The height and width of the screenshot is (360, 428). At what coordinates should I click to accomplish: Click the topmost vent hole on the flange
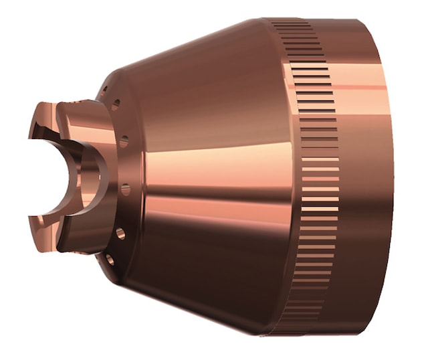coord(116,105)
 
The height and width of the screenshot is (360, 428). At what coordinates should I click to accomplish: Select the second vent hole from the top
coord(124,141)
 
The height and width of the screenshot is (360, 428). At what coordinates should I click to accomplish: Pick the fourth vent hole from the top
coord(125,189)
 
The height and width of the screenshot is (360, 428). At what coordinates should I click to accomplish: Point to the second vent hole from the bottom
coord(120,234)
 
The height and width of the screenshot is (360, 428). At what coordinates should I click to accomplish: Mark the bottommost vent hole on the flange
coord(111,257)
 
